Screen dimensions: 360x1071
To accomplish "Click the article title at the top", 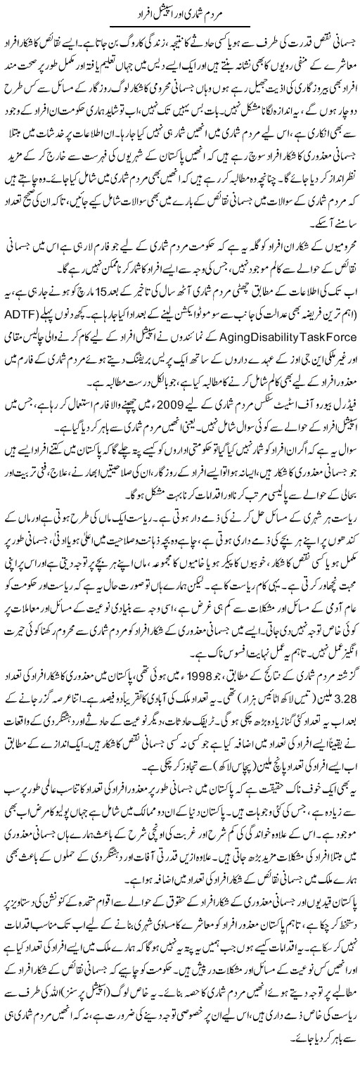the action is point(179,13).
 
